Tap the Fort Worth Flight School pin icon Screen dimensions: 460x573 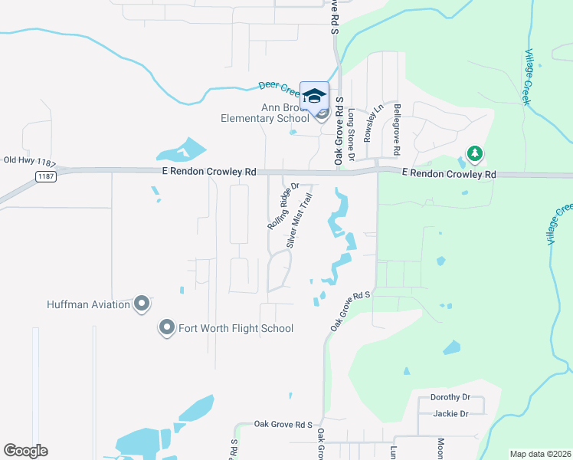coord(166,328)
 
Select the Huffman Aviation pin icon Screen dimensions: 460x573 coord(142,304)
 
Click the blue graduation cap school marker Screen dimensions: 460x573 coord(314,95)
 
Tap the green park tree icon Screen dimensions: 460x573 coord(475,154)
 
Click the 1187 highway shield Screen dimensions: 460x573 coord(44,177)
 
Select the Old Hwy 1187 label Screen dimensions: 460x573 coord(31,160)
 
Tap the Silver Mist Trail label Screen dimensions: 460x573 coord(300,220)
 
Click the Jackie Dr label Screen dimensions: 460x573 coord(450,414)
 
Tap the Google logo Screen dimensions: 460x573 coord(25,451)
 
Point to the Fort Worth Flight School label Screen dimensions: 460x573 coord(236,328)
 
